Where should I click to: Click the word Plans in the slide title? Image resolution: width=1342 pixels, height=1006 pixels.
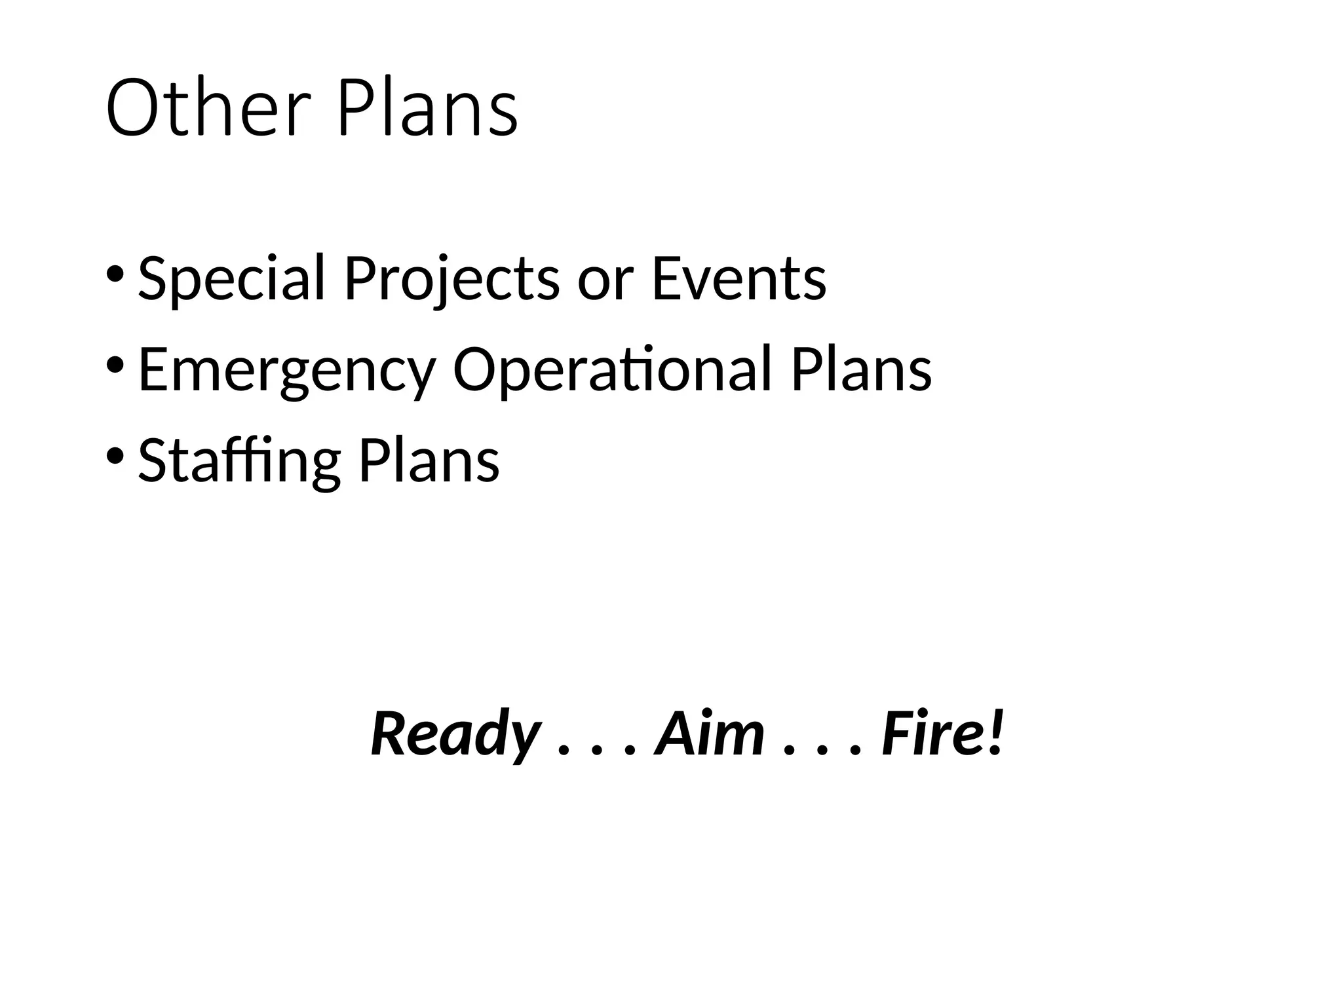[x=427, y=108]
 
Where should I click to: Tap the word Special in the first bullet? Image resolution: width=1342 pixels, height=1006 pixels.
[x=231, y=279]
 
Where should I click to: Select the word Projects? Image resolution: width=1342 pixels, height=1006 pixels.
[x=452, y=279]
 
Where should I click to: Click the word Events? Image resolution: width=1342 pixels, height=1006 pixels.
[x=738, y=279]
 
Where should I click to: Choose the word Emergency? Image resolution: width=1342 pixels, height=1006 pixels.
[x=287, y=371]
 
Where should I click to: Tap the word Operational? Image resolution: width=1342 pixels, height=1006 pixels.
[x=611, y=371]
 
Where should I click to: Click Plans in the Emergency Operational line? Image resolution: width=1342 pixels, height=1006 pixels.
[x=861, y=369]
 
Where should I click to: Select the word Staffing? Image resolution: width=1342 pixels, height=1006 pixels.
[x=239, y=461]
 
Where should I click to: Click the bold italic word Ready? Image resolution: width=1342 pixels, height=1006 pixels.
[x=455, y=734]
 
